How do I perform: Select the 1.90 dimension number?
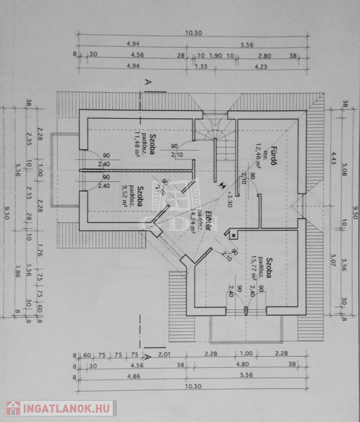[216, 55]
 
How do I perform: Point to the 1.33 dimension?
[201, 66]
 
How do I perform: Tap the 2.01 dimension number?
[166, 354]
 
